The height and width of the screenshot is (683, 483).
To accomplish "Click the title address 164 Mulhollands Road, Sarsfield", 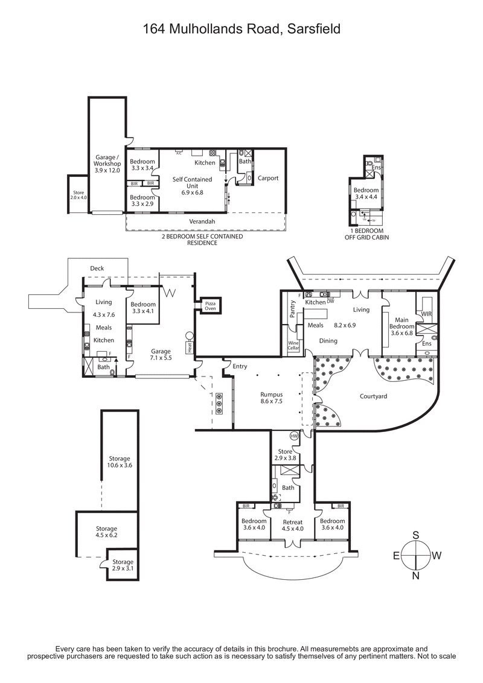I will pos(241,28).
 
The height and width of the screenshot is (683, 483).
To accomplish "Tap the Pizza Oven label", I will pos(210,306).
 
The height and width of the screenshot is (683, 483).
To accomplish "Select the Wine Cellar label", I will pos(293,346).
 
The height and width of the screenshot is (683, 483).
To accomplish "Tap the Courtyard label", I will pos(373,396).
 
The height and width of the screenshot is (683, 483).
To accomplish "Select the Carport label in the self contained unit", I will pos(268,178).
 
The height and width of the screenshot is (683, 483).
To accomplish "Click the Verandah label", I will pos(204,221).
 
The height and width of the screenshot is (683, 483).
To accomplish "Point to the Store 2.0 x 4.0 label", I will pos(78,194).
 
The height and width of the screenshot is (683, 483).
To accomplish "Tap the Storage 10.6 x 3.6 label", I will pos(120,462).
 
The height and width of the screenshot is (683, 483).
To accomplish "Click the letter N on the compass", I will pos(417,576).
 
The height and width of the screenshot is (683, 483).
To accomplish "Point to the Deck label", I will pos(97,268).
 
